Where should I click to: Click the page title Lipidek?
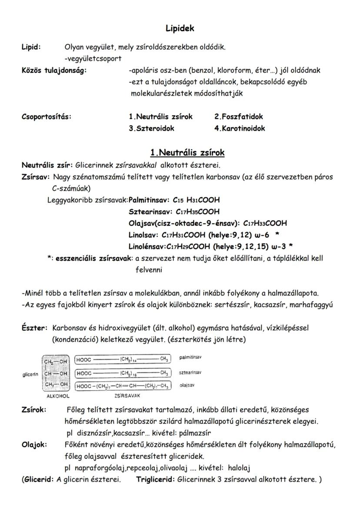(x=180, y=29)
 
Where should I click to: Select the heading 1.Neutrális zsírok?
(x=187, y=153)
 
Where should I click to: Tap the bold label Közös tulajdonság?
(x=54, y=70)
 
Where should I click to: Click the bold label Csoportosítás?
(x=47, y=116)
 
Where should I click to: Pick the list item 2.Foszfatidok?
(x=238, y=116)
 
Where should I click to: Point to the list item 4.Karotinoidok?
(x=239, y=128)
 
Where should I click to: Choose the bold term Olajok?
(x=34, y=445)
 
